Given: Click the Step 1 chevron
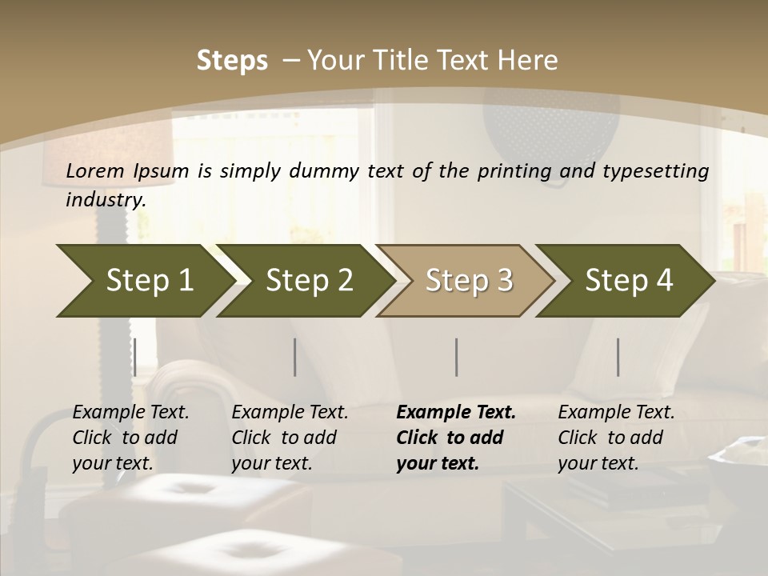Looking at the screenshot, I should pos(144,281).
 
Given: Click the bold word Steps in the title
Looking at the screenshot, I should pos(232,60).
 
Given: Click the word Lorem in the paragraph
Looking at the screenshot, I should pos(95,170).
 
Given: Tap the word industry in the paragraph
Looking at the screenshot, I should pos(106,200).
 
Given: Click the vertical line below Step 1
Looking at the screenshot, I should pos(134,357).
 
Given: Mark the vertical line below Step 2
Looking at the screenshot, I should pos(295,357).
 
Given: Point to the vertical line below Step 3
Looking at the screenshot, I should pos(456,357).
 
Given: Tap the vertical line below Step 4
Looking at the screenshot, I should pos(618,357).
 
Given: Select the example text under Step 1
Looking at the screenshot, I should pos(130,438).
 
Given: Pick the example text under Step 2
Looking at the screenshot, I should pos(290,438).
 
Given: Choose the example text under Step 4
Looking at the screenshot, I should pos(616,438).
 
